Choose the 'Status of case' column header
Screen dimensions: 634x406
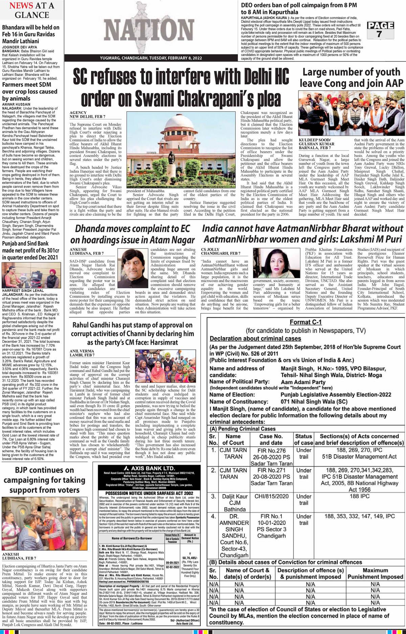(x=303, y=439)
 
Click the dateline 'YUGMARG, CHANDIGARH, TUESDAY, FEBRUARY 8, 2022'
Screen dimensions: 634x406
(x=151, y=59)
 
